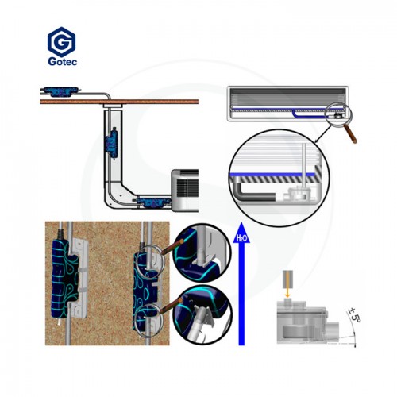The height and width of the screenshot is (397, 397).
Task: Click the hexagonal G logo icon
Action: click(61, 41)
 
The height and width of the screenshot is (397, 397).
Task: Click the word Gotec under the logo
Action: click(63, 61)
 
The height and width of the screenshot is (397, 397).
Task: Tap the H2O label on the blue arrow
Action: click(241, 238)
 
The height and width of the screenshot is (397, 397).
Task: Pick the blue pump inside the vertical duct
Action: click(114, 144)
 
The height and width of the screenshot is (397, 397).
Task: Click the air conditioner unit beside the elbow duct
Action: click(185, 191)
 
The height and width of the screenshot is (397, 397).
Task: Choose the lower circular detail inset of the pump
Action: click(202, 315)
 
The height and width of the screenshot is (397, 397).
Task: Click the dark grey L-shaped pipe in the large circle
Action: click(252, 193)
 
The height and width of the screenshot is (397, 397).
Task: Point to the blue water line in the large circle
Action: click(273, 175)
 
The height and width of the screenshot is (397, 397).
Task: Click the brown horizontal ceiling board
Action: click(119, 102)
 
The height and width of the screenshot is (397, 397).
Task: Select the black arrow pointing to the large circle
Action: click(323, 134)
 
